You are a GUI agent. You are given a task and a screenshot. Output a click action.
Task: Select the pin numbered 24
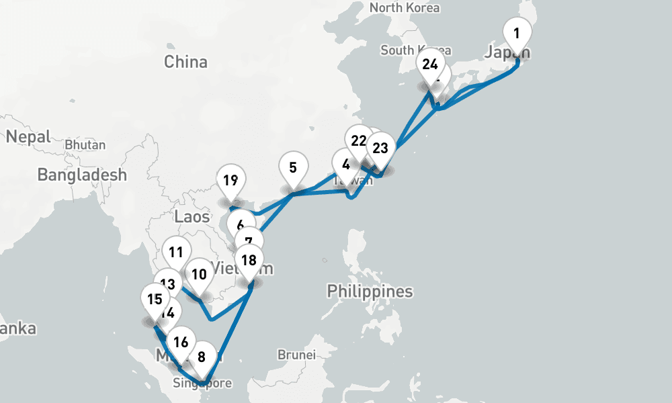[x=430, y=65]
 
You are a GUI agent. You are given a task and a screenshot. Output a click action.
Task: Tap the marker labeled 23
[x=380, y=148]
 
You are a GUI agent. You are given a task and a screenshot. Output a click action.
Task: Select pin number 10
[x=199, y=275]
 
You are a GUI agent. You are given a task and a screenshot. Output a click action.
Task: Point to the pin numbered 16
[x=180, y=342]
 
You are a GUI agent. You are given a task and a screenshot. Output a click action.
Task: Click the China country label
[x=186, y=62]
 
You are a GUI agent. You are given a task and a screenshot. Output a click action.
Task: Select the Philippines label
[x=370, y=292]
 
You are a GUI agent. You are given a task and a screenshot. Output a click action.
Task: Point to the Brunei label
[x=296, y=354]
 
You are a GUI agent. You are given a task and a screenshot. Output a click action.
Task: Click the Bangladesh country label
[x=82, y=175]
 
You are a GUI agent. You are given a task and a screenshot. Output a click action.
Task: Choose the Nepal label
[x=28, y=137]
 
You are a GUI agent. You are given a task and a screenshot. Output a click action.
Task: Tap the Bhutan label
[x=85, y=145]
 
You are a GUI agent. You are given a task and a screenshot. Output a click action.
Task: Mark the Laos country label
[x=192, y=217]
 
